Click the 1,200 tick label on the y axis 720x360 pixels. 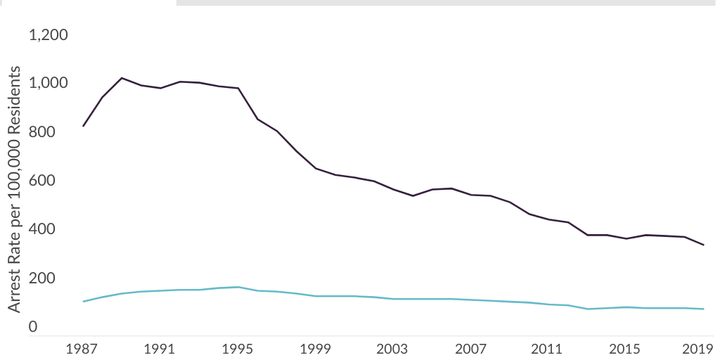pos(47,34)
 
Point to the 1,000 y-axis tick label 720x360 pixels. pos(47,83)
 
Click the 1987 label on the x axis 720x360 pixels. pos(83,349)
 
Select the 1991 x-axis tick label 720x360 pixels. pos(160,349)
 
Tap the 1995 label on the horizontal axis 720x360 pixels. pos(238,349)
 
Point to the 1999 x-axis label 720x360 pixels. pos(316,349)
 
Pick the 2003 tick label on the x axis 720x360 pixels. pos(393,349)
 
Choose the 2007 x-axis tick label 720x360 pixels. pos(471,349)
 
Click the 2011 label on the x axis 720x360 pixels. pos(548,349)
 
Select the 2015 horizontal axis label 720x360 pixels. pos(626,349)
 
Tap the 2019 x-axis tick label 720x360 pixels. pos(700,349)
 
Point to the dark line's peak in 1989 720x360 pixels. pos(122,78)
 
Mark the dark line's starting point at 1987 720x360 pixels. pos(83,126)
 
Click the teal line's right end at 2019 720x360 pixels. pos(704,309)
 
